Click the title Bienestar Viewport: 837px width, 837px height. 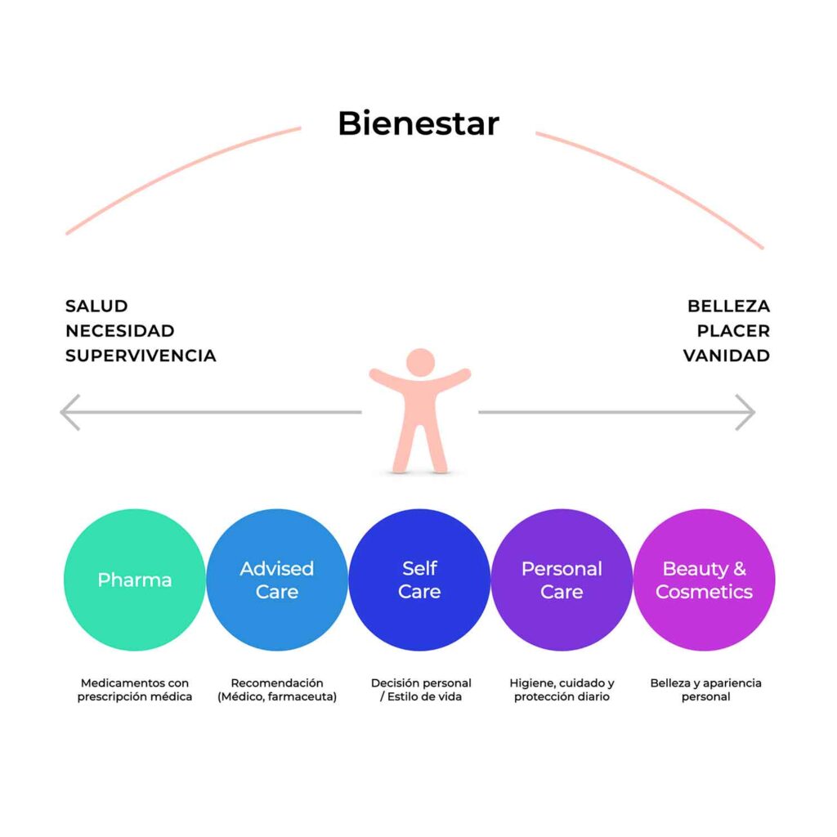(x=418, y=124)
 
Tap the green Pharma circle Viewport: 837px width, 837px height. (x=135, y=580)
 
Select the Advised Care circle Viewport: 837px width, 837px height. (x=277, y=580)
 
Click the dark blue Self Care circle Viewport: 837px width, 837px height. (x=419, y=580)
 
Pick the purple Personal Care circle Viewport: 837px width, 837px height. (x=562, y=580)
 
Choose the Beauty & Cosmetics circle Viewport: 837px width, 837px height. (x=704, y=580)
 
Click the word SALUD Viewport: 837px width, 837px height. (x=96, y=307)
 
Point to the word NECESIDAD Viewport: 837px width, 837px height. (x=119, y=331)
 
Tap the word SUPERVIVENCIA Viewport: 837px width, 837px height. (x=141, y=356)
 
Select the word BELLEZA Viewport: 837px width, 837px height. (x=728, y=307)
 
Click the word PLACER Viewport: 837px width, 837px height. (x=733, y=331)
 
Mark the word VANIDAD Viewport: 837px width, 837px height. (x=727, y=356)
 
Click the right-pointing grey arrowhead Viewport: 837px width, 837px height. (x=745, y=412)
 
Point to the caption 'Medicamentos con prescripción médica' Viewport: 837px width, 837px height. (x=135, y=690)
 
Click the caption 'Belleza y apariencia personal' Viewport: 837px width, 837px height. (x=705, y=690)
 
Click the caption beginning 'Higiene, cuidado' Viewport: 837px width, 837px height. (x=562, y=690)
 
